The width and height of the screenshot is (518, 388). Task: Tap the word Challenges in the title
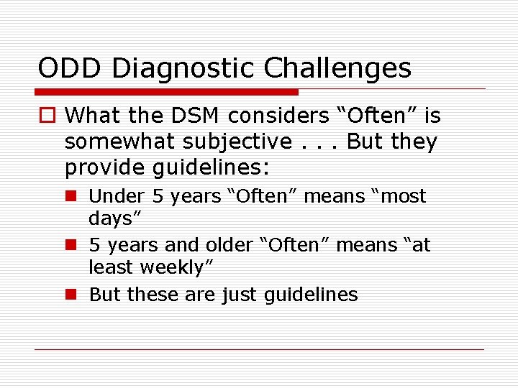click(337, 68)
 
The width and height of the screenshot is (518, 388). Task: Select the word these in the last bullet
click(148, 295)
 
